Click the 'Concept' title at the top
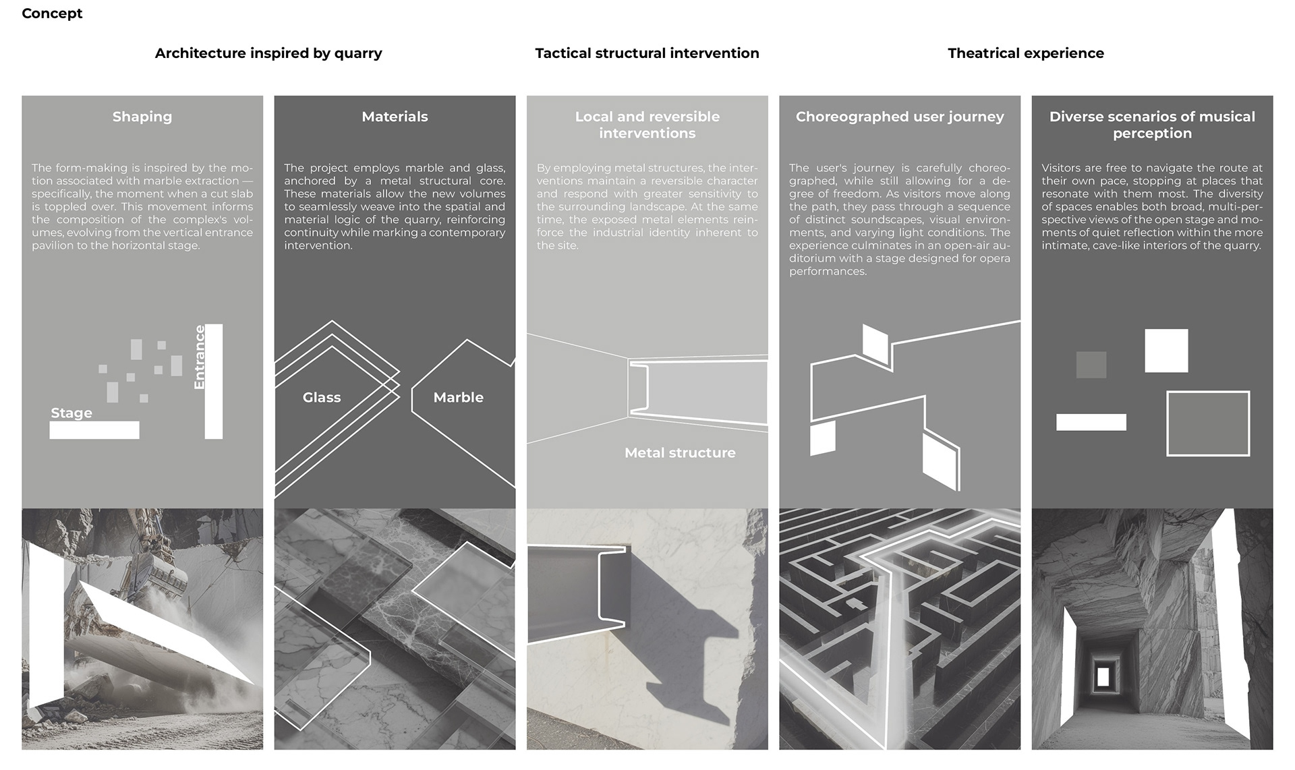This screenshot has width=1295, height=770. click(x=52, y=13)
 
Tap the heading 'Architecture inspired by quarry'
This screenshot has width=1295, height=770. click(x=268, y=53)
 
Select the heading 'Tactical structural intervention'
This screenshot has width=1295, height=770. click(x=647, y=53)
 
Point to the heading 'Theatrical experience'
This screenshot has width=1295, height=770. click(x=1025, y=53)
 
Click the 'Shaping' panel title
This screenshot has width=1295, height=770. click(x=142, y=117)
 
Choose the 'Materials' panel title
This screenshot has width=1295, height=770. click(x=395, y=117)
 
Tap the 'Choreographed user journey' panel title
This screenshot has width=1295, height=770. click(x=899, y=117)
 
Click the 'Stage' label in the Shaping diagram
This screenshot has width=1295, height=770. click(x=71, y=413)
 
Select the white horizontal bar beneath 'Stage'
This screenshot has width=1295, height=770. click(x=94, y=430)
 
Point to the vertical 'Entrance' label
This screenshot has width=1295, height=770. click(x=200, y=357)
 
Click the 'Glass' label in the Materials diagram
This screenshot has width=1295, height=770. click(x=322, y=398)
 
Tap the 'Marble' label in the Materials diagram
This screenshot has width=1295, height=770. click(x=458, y=398)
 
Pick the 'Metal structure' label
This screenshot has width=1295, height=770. click(x=680, y=453)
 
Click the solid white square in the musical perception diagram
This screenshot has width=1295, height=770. click(x=1166, y=351)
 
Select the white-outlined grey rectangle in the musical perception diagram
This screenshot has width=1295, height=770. click(x=1208, y=423)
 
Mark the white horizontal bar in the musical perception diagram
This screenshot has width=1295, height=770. click(x=1091, y=422)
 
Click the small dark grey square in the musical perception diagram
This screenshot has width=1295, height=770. click(x=1091, y=365)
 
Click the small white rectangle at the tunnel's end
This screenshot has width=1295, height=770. click(x=1103, y=676)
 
